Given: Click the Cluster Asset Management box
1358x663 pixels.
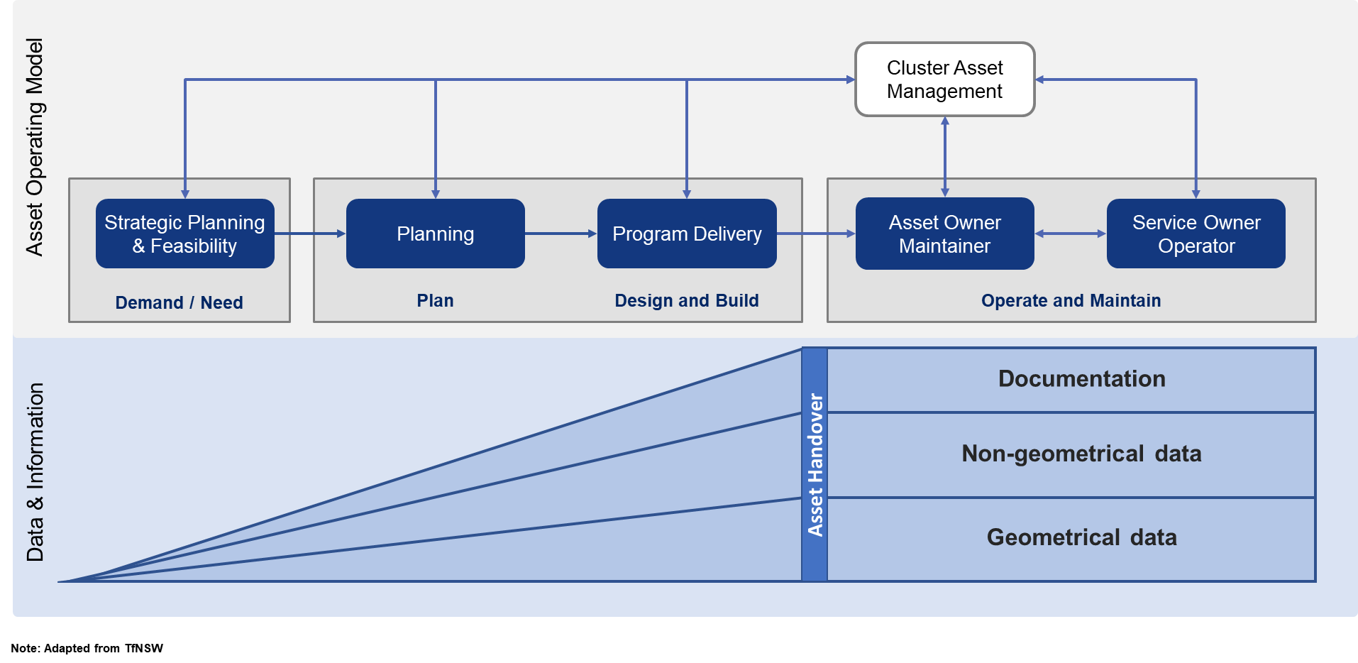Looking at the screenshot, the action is click(x=945, y=80).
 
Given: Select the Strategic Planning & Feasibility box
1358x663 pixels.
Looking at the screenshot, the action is click(x=185, y=234).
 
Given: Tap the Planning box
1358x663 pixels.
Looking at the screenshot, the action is click(x=436, y=234).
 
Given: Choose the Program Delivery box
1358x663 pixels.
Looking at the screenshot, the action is click(x=687, y=234).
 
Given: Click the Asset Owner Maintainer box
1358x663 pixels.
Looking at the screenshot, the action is click(x=945, y=234).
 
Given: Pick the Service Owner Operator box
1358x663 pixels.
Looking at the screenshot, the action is click(x=1196, y=234).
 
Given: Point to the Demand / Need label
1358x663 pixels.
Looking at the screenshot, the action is click(x=180, y=303).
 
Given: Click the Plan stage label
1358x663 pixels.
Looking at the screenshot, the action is click(x=436, y=301).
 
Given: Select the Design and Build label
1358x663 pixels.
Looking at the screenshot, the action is click(x=687, y=301).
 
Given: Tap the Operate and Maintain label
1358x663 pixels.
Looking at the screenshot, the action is click(x=1071, y=301).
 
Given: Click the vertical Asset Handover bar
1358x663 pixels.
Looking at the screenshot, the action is click(x=815, y=465).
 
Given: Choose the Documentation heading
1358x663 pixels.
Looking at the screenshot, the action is click(x=1082, y=379).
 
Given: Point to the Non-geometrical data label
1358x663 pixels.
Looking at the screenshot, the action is click(x=1082, y=454).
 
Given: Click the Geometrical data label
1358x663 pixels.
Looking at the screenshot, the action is click(x=1082, y=537).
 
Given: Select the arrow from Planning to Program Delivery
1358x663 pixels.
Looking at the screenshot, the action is click(x=561, y=234).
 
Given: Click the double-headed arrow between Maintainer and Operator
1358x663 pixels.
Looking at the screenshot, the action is click(x=1071, y=234).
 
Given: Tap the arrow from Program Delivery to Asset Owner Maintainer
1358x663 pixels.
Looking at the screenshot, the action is click(x=816, y=234).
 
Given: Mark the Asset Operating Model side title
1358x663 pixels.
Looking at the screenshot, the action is click(x=35, y=147).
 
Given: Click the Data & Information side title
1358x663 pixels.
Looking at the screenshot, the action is click(x=35, y=472).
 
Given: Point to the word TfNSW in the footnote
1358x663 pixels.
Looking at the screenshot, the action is click(x=144, y=648).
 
